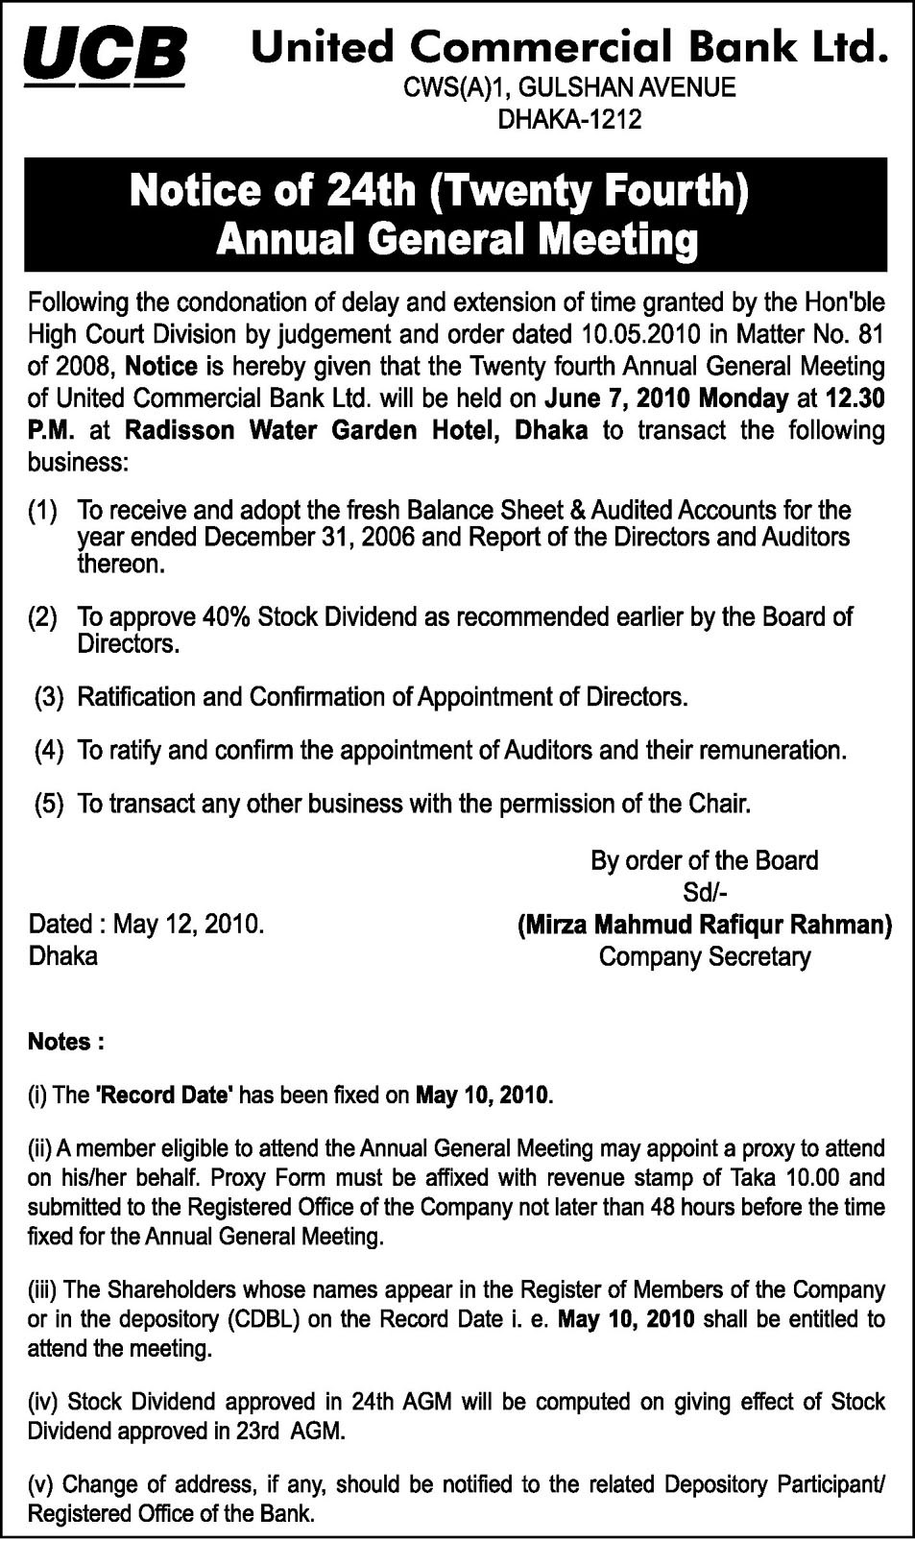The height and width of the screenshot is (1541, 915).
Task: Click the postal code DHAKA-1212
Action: [x=568, y=120]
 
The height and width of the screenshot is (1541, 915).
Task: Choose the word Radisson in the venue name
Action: [x=181, y=429]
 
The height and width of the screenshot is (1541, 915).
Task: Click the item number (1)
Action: [x=43, y=510]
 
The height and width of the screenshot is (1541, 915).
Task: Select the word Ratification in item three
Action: [x=137, y=696]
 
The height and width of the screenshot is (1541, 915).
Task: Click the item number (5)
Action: [x=49, y=803]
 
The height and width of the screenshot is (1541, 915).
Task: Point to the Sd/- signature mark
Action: [x=705, y=893]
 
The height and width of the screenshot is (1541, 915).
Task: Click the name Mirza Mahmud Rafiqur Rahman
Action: [x=705, y=925]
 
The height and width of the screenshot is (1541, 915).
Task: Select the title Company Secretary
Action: [x=705, y=956]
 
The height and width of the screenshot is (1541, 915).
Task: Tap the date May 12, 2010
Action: [x=188, y=925]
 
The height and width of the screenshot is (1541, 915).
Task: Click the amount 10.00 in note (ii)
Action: [x=809, y=1177]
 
